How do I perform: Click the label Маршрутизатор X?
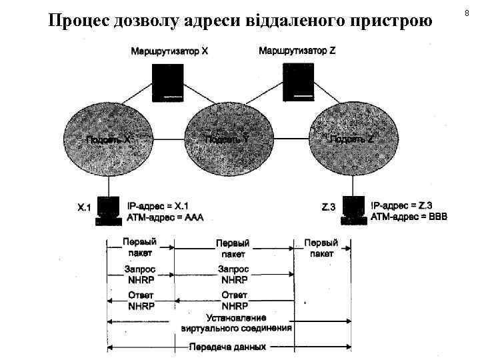[x=169, y=51]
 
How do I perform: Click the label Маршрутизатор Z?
[x=297, y=51]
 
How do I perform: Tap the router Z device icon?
[x=297, y=83]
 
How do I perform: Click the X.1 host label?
[x=83, y=208]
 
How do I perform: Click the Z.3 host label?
[x=329, y=208]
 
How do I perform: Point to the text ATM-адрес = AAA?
[x=165, y=217]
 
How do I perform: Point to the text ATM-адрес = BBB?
[x=409, y=217]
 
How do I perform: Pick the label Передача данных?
[x=228, y=347]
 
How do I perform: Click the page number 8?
[x=467, y=11]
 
